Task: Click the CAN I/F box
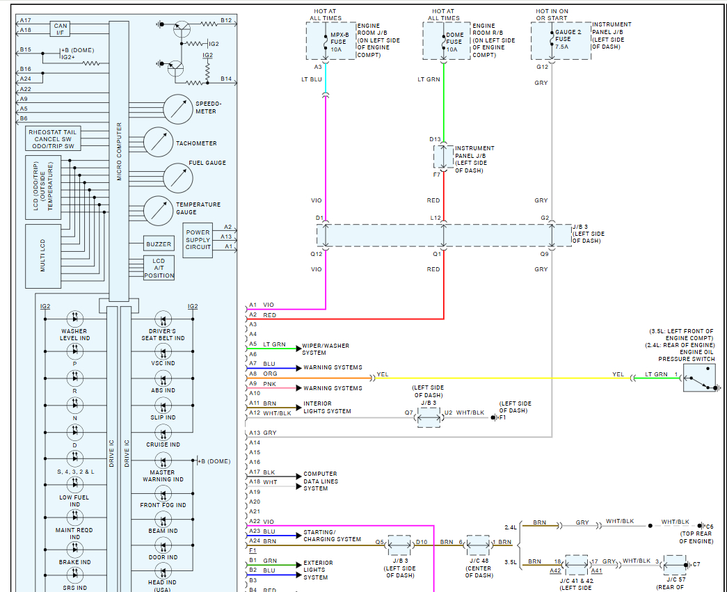point(60,29)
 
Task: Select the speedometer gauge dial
point(177,109)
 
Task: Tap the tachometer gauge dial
point(159,142)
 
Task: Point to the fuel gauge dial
point(178,178)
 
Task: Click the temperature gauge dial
point(159,211)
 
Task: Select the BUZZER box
point(159,244)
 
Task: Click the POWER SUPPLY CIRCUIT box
point(198,240)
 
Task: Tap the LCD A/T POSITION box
point(159,268)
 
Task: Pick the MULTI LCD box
point(43,257)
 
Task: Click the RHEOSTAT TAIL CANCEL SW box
point(54,138)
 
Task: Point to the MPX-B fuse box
point(331,41)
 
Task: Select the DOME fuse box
point(447,41)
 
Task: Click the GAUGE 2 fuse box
point(561,41)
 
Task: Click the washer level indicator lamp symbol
point(75,319)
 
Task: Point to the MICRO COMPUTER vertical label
point(119,152)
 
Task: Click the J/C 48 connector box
point(478,545)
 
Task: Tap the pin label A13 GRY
point(262,433)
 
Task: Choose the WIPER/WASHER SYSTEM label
point(326,349)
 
